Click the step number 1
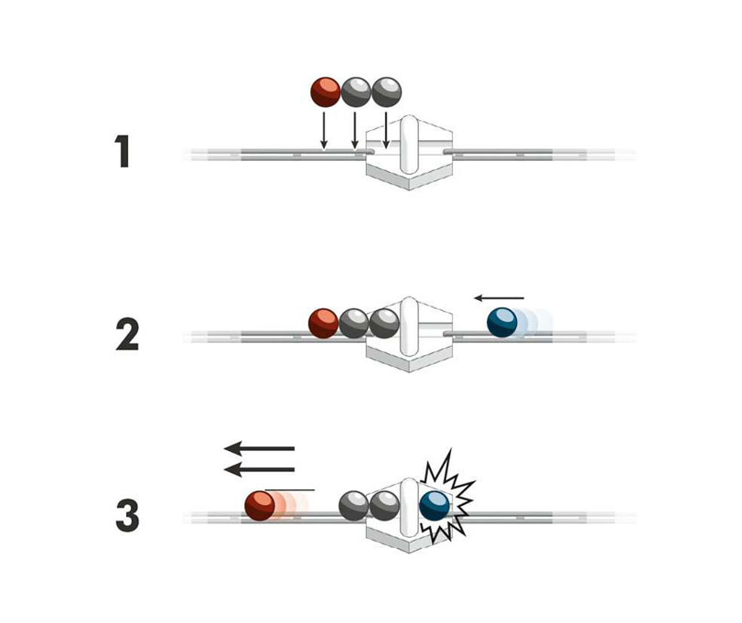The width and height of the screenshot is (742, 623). point(123,153)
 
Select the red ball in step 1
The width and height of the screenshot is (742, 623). point(325,91)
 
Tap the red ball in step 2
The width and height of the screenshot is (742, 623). point(323,323)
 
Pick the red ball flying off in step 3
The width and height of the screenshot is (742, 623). point(260,505)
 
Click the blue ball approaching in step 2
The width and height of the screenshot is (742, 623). point(501,323)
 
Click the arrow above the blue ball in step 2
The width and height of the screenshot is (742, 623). point(500,297)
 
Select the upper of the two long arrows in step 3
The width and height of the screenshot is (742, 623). point(260,448)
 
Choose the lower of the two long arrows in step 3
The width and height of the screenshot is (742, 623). point(260,469)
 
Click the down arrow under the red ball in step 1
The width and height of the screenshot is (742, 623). point(324,129)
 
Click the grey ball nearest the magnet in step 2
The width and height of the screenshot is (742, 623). point(384,323)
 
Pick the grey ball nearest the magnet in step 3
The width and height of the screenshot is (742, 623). point(384,505)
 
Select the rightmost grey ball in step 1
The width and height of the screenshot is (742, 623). point(386,91)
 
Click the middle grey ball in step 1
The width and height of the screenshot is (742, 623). point(355,91)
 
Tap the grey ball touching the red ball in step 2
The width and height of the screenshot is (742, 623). point(353,323)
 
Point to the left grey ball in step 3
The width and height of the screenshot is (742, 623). point(354,505)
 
